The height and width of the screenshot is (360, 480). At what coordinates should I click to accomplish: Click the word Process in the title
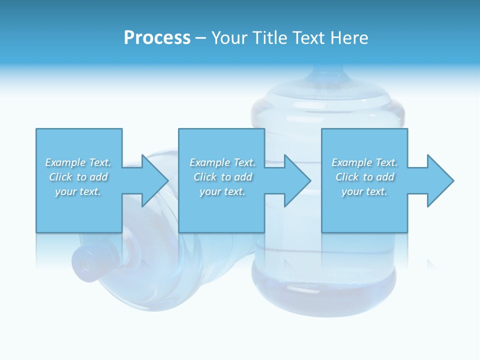[157, 38]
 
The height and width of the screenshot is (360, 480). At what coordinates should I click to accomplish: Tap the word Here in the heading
[349, 38]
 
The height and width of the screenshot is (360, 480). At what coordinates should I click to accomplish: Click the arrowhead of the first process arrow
[155, 180]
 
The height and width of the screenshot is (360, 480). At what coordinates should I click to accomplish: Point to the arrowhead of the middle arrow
[297, 180]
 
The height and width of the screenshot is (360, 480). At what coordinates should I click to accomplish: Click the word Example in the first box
[65, 162]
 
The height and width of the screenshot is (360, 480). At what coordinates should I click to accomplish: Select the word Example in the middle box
[209, 162]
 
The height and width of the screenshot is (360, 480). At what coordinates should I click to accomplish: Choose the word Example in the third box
[351, 162]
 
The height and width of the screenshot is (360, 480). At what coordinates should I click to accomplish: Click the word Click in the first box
[60, 177]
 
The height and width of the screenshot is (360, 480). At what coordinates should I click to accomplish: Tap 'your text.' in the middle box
[222, 191]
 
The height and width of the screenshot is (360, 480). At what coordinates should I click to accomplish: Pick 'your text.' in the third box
[364, 191]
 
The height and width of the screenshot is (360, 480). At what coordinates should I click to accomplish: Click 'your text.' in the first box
[78, 191]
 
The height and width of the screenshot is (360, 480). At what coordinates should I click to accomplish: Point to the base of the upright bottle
[324, 295]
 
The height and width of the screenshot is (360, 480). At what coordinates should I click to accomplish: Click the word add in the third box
[385, 177]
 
